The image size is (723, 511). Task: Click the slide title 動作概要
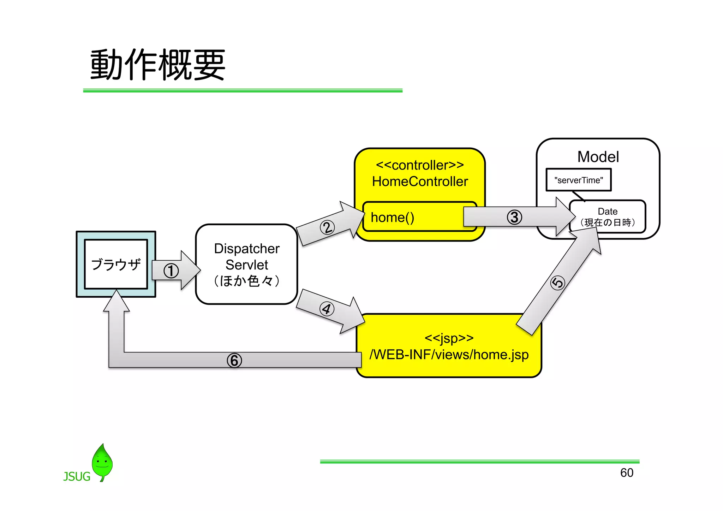click(x=157, y=65)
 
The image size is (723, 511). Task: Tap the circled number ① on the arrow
click(x=171, y=271)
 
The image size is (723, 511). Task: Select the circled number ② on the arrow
click(x=327, y=227)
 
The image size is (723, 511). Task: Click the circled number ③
click(x=514, y=217)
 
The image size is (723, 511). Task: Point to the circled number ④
click(x=327, y=309)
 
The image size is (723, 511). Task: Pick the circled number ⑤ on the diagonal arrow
click(x=558, y=283)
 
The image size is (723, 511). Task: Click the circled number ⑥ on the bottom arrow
click(x=234, y=361)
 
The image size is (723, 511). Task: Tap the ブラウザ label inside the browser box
click(x=116, y=265)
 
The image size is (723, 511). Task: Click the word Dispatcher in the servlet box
click(x=246, y=249)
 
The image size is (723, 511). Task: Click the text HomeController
click(x=420, y=182)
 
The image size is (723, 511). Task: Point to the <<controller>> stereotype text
click(x=420, y=165)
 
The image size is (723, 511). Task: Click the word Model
click(x=598, y=157)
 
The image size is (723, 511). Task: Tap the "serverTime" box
click(x=578, y=180)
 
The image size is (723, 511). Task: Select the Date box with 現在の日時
click(x=608, y=217)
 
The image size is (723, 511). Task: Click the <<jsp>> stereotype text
click(x=449, y=338)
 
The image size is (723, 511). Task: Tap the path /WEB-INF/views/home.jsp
click(x=449, y=355)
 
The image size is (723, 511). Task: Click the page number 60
click(x=627, y=473)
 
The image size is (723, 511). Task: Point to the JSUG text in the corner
click(x=77, y=477)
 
